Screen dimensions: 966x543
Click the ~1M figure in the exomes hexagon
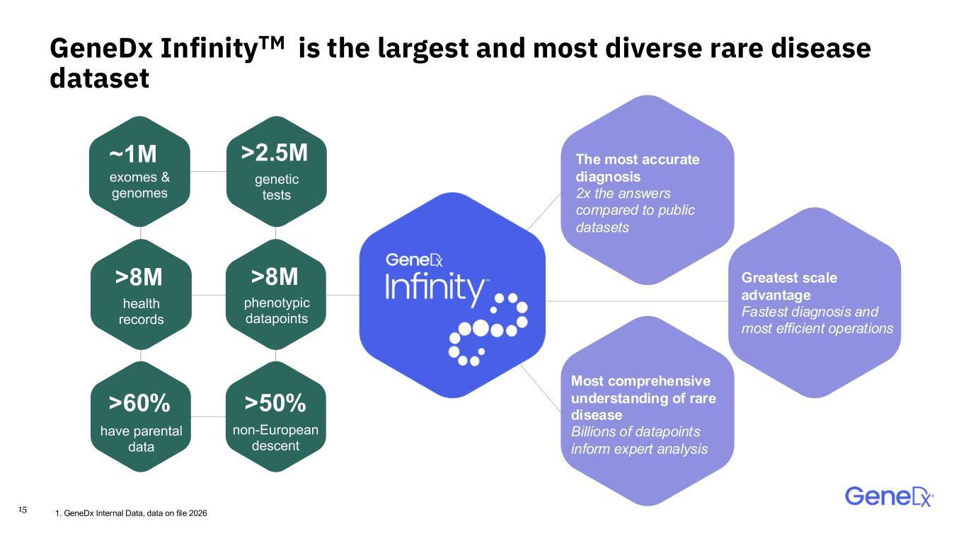pos(133,154)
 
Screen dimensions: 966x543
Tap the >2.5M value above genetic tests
pos(275,153)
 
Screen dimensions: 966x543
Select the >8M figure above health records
pos(139,277)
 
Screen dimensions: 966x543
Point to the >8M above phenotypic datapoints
pos(275,276)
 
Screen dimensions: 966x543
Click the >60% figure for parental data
pos(139,404)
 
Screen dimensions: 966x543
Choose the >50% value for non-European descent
pos(275,404)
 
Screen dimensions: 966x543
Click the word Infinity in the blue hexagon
pos(435,288)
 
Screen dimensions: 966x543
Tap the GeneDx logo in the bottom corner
pos(890,496)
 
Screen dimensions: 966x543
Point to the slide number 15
pos(23,510)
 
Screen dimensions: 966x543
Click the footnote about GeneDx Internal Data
pos(131,513)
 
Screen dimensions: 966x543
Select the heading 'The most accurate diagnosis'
pos(638,168)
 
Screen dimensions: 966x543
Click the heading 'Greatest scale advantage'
pos(789,286)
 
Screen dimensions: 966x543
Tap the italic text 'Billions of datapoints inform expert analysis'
pos(639,440)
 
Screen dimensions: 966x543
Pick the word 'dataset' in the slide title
pos(99,78)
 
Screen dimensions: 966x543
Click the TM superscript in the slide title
pos(272,42)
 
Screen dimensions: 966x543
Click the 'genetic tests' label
pos(277,187)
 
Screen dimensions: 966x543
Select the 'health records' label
pos(141,312)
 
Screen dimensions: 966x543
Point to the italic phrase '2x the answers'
pos(623,194)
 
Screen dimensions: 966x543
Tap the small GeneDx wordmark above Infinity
pos(414,260)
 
